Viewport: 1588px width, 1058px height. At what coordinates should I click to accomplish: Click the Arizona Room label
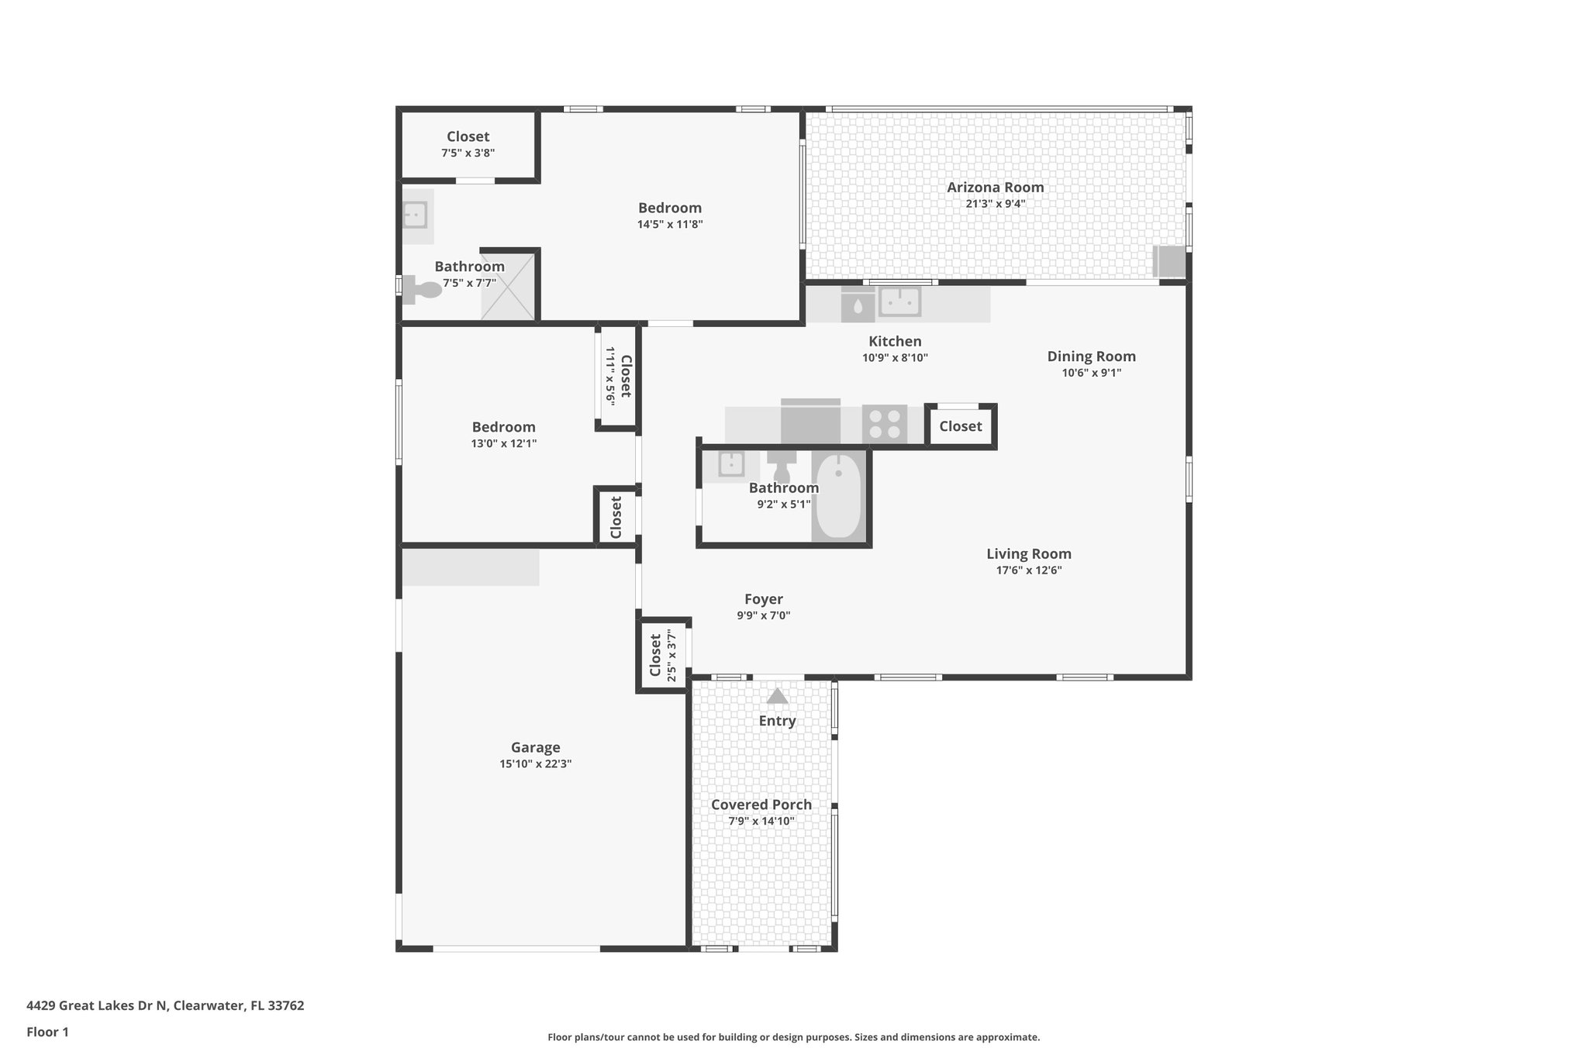[x=995, y=188]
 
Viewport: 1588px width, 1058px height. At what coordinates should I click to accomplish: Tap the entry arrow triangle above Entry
[x=777, y=697]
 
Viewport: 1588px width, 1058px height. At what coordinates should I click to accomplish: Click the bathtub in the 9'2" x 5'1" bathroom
[x=838, y=497]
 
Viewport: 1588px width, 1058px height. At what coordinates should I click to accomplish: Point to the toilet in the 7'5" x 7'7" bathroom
[x=423, y=290]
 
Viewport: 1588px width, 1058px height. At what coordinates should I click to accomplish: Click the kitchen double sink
[x=899, y=302]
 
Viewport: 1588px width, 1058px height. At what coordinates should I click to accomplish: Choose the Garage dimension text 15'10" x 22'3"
[x=535, y=764]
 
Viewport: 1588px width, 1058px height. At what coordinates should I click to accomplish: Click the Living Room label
[x=1028, y=554]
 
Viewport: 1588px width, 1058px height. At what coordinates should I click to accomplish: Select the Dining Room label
[x=1091, y=357]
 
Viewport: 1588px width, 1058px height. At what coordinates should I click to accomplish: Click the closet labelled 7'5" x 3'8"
[x=468, y=144]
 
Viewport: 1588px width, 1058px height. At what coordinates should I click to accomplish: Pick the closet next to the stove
[x=960, y=426]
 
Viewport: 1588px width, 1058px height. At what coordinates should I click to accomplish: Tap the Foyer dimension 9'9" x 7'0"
[x=763, y=616]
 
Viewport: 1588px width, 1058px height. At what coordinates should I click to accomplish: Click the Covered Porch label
[x=761, y=805]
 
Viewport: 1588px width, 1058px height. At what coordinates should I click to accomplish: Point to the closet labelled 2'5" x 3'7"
[x=662, y=655]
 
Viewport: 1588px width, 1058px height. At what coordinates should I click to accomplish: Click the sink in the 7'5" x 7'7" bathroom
[x=415, y=214]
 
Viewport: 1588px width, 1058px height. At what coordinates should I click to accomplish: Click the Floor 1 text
[x=47, y=1032]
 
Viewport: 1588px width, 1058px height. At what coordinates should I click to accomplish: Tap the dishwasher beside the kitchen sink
[x=858, y=305]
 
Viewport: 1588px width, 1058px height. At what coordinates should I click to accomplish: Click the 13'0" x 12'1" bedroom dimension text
[x=503, y=444]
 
